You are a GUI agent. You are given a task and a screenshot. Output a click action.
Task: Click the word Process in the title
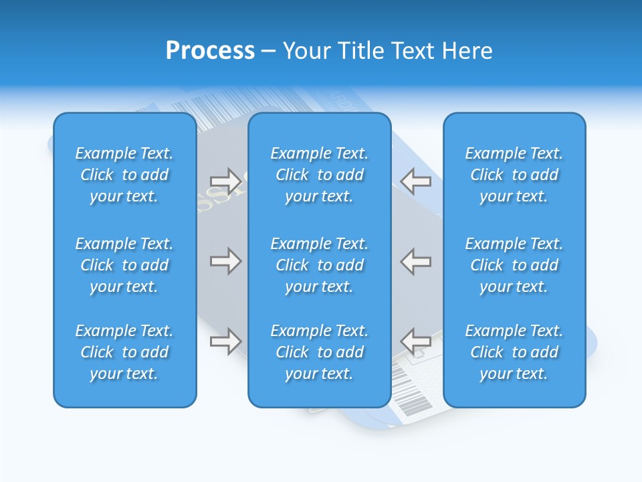coord(210,51)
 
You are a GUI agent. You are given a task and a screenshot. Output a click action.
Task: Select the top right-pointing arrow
coord(225,181)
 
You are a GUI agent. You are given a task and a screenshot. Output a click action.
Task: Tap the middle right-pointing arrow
coord(225,261)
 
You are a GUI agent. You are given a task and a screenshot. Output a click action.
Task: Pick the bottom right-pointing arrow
coord(225,341)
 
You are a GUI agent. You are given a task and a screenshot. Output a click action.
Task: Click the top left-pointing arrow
coord(416,181)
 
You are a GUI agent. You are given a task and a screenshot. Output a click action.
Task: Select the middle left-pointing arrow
coord(416,261)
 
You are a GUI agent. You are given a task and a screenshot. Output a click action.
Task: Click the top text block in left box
coord(124,175)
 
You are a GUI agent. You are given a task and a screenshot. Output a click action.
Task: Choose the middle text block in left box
coord(124,265)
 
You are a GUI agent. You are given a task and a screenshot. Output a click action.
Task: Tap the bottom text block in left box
coord(124,352)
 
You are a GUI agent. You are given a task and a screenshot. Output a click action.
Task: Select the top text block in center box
coord(319,175)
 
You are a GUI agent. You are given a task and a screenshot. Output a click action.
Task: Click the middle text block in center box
coord(319,265)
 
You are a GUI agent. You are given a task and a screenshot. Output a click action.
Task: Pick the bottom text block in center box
coord(319,352)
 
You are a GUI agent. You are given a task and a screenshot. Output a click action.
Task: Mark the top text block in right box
coord(514,175)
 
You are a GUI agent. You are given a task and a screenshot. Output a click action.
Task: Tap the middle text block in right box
coord(514,265)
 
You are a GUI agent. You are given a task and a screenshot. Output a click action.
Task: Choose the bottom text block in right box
coord(514,352)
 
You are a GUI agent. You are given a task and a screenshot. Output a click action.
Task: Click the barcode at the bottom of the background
coord(411,395)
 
